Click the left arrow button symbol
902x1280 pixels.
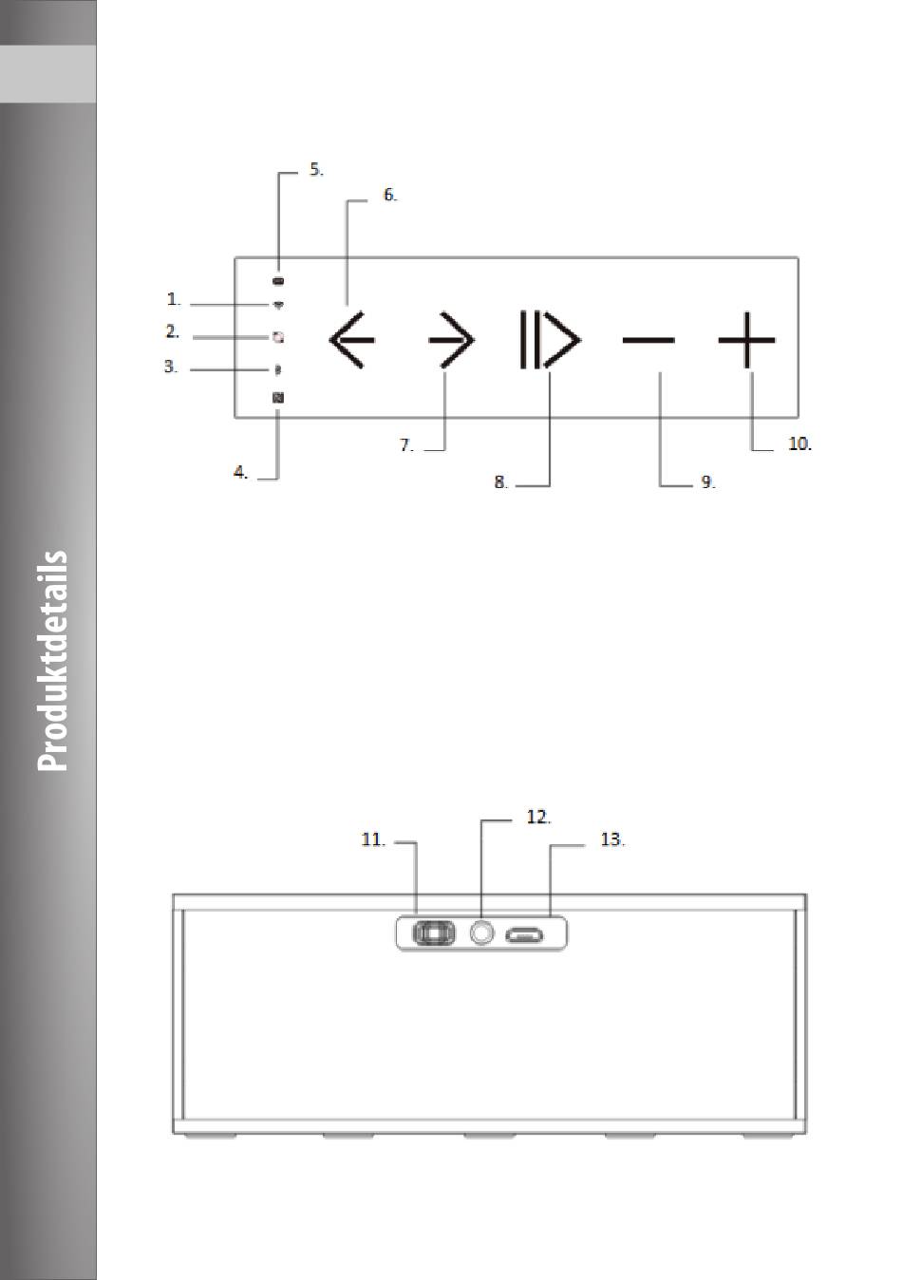pyautogui.click(x=351, y=339)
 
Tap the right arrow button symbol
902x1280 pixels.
pyautogui.click(x=451, y=339)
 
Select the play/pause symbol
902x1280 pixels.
pyautogui.click(x=549, y=339)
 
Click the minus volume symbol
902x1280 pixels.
pyautogui.click(x=648, y=339)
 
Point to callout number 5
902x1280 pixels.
pyautogui.click(x=316, y=170)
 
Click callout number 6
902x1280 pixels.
pyautogui.click(x=389, y=195)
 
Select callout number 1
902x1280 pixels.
pyautogui.click(x=174, y=299)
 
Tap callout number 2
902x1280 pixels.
pyautogui.click(x=172, y=331)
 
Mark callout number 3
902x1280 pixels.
pyautogui.click(x=171, y=366)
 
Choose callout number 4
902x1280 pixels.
pyautogui.click(x=241, y=472)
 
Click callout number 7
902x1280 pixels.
pyautogui.click(x=406, y=444)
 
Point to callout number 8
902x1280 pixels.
pyautogui.click(x=500, y=482)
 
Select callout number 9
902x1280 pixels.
pyautogui.click(x=707, y=482)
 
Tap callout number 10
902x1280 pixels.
pyautogui.click(x=799, y=443)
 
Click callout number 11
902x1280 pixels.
pyautogui.click(x=372, y=839)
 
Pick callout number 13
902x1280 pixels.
pyautogui.click(x=612, y=839)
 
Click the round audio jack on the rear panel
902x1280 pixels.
pyautogui.click(x=482, y=933)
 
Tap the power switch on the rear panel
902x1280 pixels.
pyautogui.click(x=433, y=933)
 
